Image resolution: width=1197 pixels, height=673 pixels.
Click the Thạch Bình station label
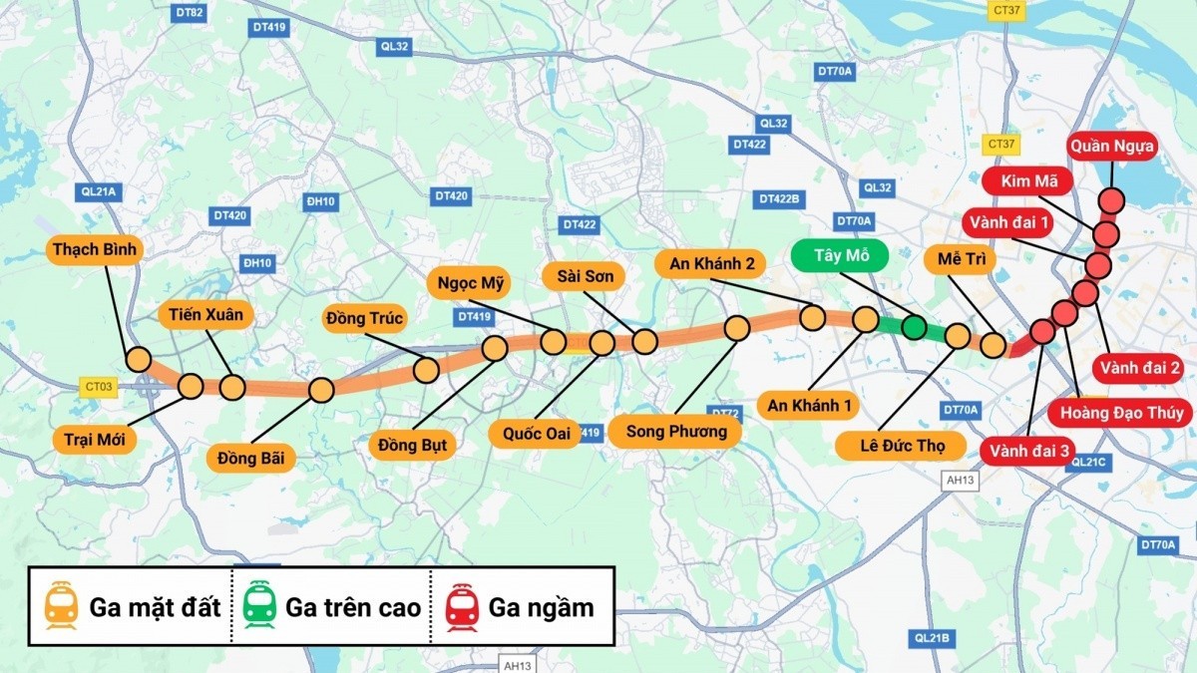click(x=96, y=249)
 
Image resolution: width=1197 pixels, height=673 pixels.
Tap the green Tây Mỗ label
click(x=843, y=255)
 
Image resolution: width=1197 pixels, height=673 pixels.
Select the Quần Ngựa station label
click(x=1112, y=148)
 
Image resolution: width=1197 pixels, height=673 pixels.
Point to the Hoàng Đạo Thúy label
click(x=1120, y=413)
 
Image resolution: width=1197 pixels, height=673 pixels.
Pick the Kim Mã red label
click(x=1026, y=181)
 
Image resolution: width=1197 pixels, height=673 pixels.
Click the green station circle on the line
click(x=914, y=327)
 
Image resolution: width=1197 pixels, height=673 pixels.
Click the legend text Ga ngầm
click(x=541, y=607)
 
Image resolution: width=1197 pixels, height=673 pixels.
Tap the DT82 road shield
click(x=189, y=13)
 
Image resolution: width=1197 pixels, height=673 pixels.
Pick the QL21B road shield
click(x=932, y=637)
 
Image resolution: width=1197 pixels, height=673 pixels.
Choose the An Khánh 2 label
click(x=710, y=263)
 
